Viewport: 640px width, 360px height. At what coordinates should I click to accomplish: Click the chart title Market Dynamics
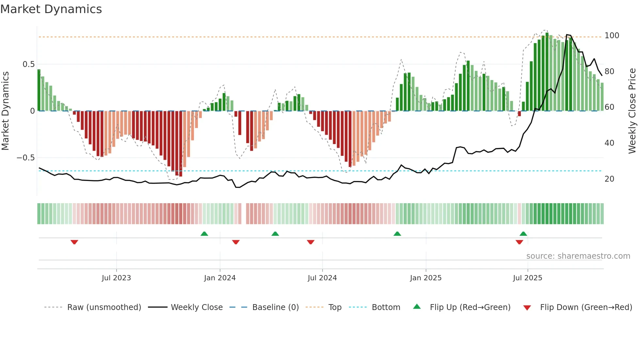coord(51,9)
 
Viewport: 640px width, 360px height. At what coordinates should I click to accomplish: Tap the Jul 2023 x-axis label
coord(116,278)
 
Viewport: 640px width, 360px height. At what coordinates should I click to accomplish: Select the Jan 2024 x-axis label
coord(220,278)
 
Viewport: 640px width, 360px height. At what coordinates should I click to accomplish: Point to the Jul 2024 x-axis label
coord(322,278)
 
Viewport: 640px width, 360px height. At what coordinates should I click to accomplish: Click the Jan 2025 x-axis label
coord(425,278)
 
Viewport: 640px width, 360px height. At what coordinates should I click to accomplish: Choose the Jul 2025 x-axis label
coord(527,278)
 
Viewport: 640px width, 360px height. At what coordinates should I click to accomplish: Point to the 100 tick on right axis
coord(612,36)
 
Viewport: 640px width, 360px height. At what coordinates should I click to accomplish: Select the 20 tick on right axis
coord(609,179)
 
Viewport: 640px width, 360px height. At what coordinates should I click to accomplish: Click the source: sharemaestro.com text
coord(578,256)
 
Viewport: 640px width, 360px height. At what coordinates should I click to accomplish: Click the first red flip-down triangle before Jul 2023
coord(74,242)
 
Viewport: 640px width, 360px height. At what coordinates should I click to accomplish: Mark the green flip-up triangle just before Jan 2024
coord(204,234)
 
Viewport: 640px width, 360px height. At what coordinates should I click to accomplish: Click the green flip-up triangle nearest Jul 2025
coord(523,234)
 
